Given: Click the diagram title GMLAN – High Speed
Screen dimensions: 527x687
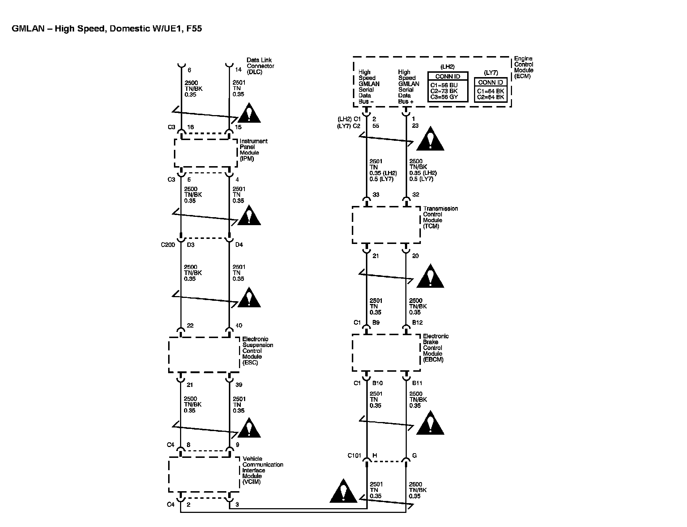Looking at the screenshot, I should (107, 29).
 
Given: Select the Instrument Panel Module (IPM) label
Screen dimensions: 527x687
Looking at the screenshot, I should (253, 150).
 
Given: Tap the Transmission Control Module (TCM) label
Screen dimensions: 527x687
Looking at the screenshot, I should (440, 217).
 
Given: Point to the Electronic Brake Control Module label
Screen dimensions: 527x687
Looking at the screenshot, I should (435, 348).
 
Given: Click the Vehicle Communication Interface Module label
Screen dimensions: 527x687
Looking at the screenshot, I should (262, 470).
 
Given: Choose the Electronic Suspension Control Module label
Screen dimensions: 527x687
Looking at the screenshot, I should (257, 351).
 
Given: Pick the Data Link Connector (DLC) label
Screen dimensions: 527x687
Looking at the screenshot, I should (260, 66).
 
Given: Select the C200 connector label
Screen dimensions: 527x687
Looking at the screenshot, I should (168, 245).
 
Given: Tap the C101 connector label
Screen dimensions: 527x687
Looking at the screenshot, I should (354, 456).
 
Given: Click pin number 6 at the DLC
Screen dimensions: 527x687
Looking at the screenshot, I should (189, 70).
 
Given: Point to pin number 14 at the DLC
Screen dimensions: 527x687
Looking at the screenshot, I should (238, 70).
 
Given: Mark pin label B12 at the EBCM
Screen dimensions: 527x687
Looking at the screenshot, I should (417, 322).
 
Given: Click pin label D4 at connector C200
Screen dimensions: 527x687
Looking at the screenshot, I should (239, 245).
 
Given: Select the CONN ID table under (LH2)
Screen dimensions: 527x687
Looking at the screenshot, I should (448, 87).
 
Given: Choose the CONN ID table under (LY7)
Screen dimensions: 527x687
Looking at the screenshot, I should (490, 90).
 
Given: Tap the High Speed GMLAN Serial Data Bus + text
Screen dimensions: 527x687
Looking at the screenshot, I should (408, 87).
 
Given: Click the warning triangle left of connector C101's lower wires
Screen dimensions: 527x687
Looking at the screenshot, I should (343, 492).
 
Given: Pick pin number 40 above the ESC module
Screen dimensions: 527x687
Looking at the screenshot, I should (239, 326).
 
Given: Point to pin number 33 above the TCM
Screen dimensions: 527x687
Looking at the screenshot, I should (376, 195).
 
